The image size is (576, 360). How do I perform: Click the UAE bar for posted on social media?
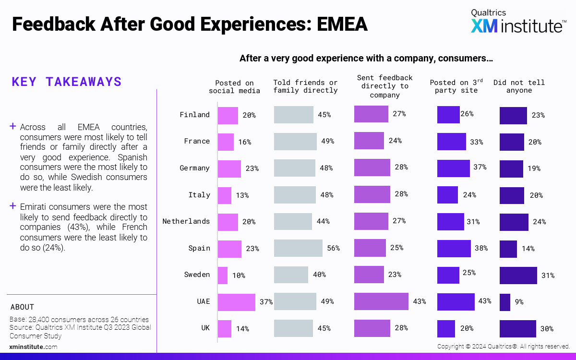point(236,302)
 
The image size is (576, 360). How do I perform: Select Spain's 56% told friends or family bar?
point(298,248)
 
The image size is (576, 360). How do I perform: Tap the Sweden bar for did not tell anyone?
point(518,275)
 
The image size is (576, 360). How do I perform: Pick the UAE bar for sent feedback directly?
point(381,301)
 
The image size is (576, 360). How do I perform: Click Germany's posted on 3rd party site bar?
point(453,168)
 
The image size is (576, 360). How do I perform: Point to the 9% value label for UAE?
point(519,302)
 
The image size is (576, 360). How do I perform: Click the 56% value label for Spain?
point(334,248)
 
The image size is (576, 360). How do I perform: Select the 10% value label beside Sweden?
point(239,276)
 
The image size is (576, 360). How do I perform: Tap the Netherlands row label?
point(186,221)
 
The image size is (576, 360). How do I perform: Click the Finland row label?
point(194,115)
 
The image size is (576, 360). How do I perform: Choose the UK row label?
point(205,328)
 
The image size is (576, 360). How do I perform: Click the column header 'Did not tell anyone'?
point(519,86)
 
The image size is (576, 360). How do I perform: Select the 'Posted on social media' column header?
point(234,87)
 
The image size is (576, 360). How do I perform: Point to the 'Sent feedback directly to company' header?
point(384,86)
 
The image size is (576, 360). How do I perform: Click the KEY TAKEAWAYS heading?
point(67,82)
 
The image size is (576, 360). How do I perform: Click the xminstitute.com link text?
point(33,347)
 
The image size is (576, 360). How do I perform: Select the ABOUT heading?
point(22,307)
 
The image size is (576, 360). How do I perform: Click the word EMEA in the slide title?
point(342,24)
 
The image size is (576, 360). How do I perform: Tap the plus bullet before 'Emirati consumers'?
point(13,206)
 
